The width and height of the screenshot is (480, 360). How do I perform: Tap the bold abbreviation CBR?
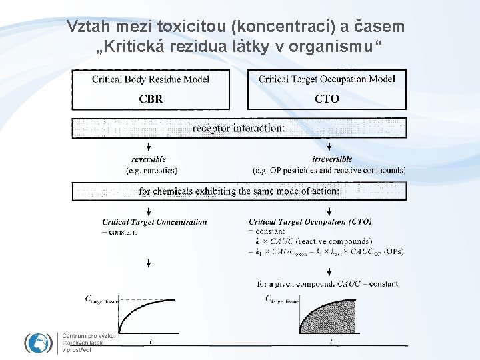pos(151,99)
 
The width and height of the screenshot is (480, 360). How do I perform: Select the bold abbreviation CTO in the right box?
pos(327,99)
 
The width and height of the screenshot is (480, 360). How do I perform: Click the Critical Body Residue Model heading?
pos(151,79)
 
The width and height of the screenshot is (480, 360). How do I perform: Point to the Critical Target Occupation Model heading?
pos(327,79)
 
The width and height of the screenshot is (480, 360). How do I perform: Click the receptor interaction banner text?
pos(239,127)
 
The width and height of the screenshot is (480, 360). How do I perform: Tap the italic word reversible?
pos(149,159)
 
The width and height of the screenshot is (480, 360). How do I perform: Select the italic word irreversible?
pos(332,159)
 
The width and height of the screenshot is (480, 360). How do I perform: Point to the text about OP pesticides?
pos(329,170)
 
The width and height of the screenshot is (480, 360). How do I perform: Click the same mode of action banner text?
pos(239,191)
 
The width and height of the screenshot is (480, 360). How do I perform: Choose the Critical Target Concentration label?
pos(155,222)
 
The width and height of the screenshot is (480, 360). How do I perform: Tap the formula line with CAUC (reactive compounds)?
pos(313,241)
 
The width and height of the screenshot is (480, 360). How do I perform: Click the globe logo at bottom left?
pos(38,343)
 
